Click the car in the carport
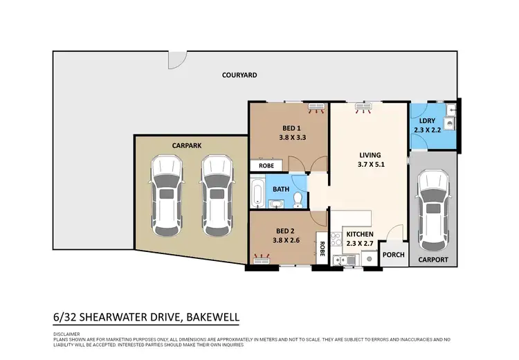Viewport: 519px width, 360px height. [433, 211]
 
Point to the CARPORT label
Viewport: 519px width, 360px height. [433, 260]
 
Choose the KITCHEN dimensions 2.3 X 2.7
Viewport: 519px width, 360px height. [360, 244]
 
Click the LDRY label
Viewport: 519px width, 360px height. [427, 120]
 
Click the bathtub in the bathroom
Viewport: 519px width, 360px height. [257, 193]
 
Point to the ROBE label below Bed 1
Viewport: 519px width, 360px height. [266, 166]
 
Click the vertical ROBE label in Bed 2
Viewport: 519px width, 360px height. [322, 248]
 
